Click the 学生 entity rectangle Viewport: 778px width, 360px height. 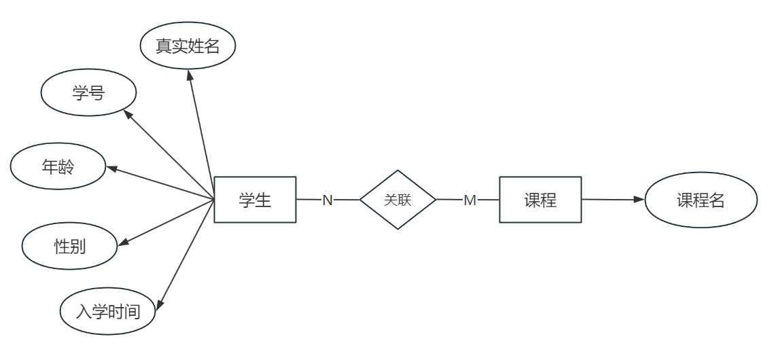(x=255, y=200)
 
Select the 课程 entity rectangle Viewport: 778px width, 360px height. (x=540, y=200)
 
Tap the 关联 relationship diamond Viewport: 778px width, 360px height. (x=397, y=200)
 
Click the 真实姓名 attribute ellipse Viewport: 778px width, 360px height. (x=188, y=46)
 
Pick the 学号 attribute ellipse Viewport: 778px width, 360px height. (x=88, y=93)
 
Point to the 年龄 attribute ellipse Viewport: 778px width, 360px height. (x=58, y=166)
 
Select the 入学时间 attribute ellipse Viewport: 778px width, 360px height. (x=108, y=312)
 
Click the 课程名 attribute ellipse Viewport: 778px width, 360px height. (x=701, y=200)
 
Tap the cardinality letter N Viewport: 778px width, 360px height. (x=328, y=200)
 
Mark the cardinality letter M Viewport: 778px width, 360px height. (x=470, y=200)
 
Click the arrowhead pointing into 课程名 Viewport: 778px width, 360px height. (x=639, y=200)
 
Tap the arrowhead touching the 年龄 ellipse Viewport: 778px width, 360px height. (x=113, y=169)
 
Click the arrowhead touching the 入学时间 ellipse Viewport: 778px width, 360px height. (x=160, y=305)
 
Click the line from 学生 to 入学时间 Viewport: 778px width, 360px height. (x=188, y=252)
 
